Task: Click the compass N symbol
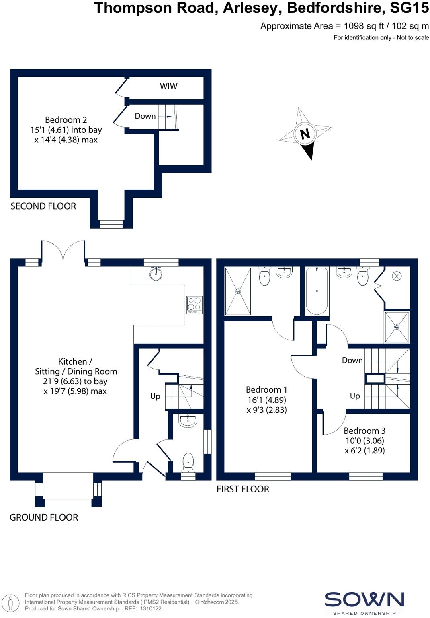(x=305, y=133)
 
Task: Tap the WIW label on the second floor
(x=168, y=86)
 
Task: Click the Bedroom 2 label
(x=66, y=120)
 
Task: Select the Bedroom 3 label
(x=364, y=431)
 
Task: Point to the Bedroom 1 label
(x=266, y=390)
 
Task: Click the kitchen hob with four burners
(x=195, y=305)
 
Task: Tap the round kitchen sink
(x=156, y=274)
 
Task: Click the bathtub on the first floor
(x=317, y=290)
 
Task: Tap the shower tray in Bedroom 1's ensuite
(x=238, y=291)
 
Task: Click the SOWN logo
(x=364, y=600)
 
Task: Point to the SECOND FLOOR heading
(x=43, y=206)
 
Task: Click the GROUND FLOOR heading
(x=44, y=517)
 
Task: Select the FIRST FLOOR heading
(x=243, y=489)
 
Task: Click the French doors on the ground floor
(x=63, y=252)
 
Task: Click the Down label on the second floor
(x=145, y=116)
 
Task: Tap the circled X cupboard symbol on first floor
(x=396, y=276)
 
